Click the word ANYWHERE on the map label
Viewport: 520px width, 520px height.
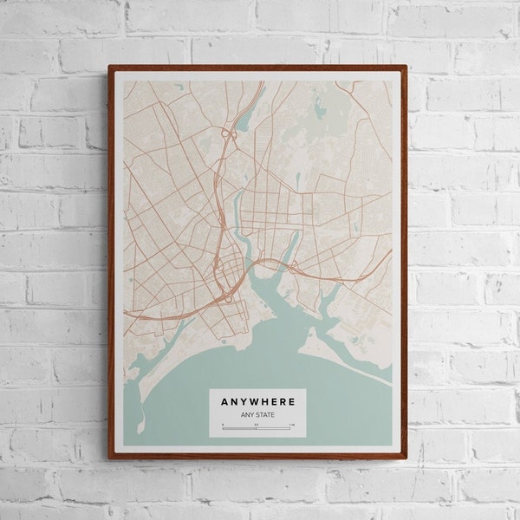click(x=257, y=402)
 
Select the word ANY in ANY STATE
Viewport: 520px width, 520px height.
click(x=246, y=414)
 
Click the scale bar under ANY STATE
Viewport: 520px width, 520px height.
click(x=257, y=427)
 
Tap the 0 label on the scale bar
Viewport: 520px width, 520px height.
click(x=223, y=424)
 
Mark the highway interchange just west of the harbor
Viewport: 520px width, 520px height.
click(x=227, y=297)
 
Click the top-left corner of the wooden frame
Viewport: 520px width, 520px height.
click(x=110, y=66)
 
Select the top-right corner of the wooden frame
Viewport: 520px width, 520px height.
click(x=406, y=66)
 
